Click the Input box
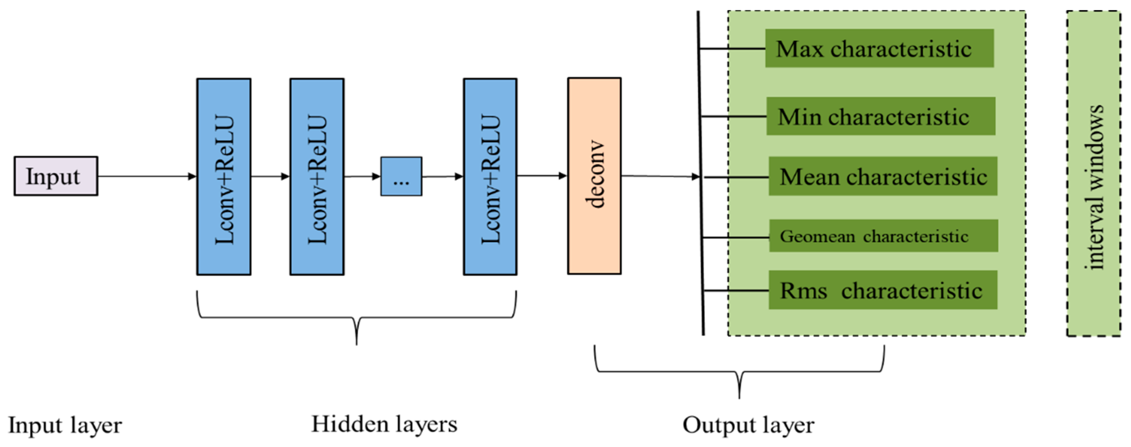tap(56, 176)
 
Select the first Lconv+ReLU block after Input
tap(224, 177)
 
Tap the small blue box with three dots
tap(401, 176)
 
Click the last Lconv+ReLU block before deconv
tap(490, 177)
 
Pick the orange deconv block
tap(594, 176)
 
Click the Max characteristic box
tap(879, 48)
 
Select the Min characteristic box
tap(881, 116)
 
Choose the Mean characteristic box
tap(882, 176)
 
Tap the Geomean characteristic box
tap(883, 236)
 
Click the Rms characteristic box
tap(882, 290)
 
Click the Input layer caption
tap(65, 425)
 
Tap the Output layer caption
tap(748, 425)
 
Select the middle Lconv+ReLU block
tap(317, 177)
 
